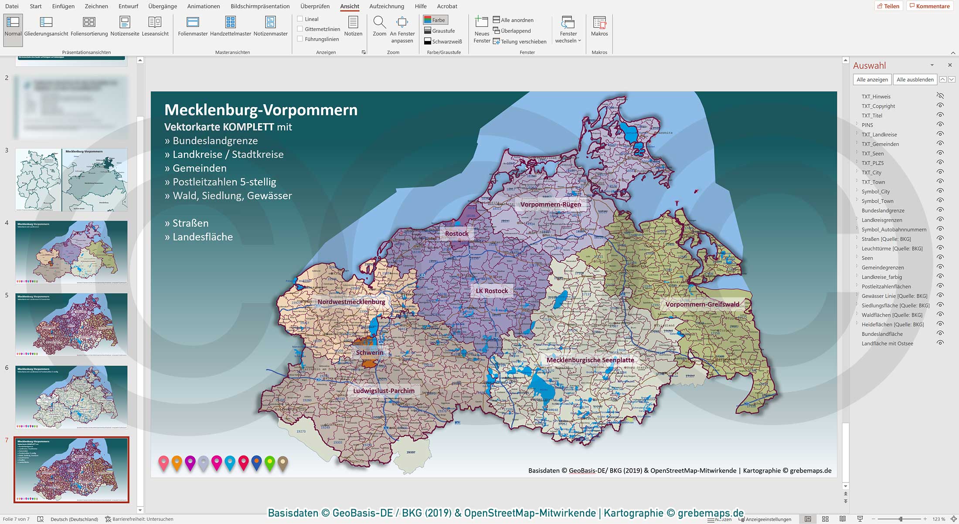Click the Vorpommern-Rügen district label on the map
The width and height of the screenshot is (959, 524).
551,204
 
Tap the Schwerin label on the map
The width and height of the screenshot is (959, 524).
370,353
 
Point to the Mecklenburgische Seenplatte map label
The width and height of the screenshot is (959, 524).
590,360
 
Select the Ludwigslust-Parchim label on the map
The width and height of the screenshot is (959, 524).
384,391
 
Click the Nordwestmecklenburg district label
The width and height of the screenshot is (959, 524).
351,302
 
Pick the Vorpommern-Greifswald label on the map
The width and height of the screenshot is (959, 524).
702,304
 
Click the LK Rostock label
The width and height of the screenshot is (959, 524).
492,291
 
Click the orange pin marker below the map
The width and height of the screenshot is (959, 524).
177,462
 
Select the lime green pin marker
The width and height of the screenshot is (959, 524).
270,462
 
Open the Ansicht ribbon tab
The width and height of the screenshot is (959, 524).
350,6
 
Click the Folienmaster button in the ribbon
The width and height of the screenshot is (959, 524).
193,26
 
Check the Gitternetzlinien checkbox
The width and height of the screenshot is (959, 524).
300,29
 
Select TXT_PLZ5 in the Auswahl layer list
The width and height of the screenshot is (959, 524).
873,163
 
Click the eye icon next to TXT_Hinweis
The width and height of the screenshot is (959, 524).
940,96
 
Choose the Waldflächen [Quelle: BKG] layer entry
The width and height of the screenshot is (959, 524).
892,315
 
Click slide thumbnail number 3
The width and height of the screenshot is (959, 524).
71,180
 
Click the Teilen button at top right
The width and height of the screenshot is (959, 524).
888,6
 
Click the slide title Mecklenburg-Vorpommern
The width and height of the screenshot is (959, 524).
261,110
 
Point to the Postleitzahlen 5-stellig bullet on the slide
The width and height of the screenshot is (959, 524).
224,182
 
